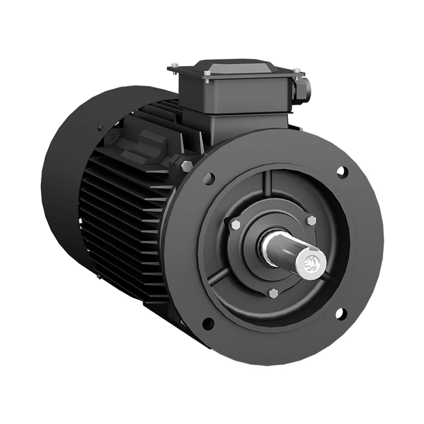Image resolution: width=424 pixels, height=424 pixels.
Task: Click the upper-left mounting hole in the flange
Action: pyautogui.click(x=209, y=178)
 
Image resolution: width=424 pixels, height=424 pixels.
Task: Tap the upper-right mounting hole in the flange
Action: pyautogui.click(x=342, y=172)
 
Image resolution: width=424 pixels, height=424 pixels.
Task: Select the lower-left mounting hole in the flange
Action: pyautogui.click(x=208, y=323)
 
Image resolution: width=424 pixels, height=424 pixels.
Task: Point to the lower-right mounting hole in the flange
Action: pyautogui.click(x=341, y=314)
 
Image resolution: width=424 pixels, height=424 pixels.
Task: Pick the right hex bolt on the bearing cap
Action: pyautogui.click(x=311, y=220)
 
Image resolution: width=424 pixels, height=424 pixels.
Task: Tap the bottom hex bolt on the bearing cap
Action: pyautogui.click(x=273, y=293)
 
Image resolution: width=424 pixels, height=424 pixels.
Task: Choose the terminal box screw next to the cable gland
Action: pyautogui.click(x=296, y=70)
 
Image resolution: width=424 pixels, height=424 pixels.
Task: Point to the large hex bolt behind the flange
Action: pyautogui.click(x=187, y=166)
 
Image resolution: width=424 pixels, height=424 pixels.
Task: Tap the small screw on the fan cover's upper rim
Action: pyautogui.click(x=100, y=128)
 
